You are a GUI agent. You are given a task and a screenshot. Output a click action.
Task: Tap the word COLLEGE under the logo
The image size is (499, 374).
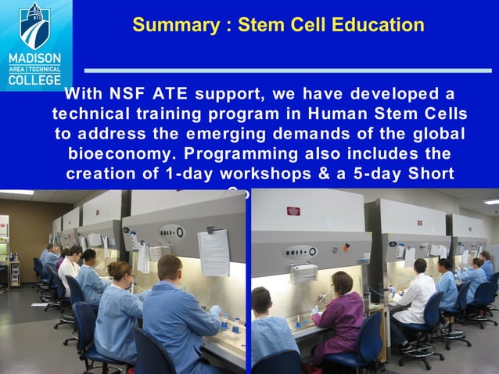click(x=35, y=80)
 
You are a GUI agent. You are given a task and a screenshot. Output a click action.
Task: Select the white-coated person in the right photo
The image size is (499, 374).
click(x=415, y=297)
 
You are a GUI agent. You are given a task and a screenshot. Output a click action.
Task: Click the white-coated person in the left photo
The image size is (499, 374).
click(x=69, y=270)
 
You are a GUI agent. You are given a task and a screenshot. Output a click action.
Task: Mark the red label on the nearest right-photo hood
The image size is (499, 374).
click(x=293, y=210)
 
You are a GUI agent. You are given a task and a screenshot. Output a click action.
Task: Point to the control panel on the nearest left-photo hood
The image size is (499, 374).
click(x=171, y=232)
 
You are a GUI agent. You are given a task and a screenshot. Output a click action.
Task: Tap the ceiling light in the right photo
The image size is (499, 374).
click(x=490, y=201)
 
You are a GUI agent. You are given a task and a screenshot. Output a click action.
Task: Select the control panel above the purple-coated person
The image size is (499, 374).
click(x=300, y=251)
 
